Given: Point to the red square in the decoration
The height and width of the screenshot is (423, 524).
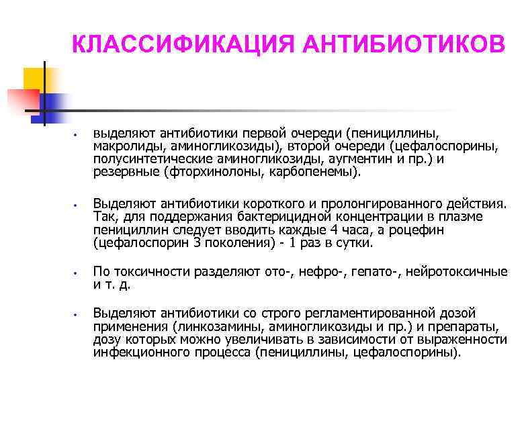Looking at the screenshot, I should (20, 101).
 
